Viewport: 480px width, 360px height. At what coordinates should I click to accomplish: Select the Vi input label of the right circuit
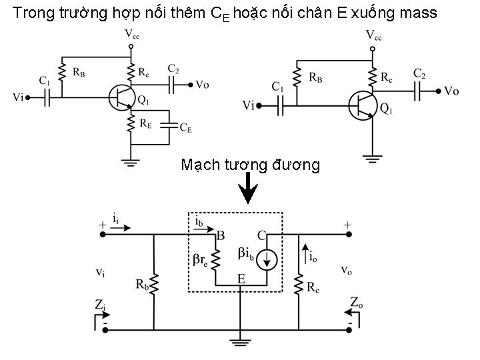click(249, 105)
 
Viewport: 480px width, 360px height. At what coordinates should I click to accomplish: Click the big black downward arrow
click(248, 189)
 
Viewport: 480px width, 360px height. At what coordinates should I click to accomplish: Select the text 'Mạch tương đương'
click(250, 165)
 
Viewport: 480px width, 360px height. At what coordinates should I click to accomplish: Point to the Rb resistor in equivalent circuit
click(154, 283)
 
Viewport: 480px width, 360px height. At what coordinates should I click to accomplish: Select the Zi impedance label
click(99, 305)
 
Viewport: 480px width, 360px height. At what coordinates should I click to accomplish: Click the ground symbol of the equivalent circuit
click(238, 342)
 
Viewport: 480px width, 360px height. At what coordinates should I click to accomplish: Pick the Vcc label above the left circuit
click(131, 33)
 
